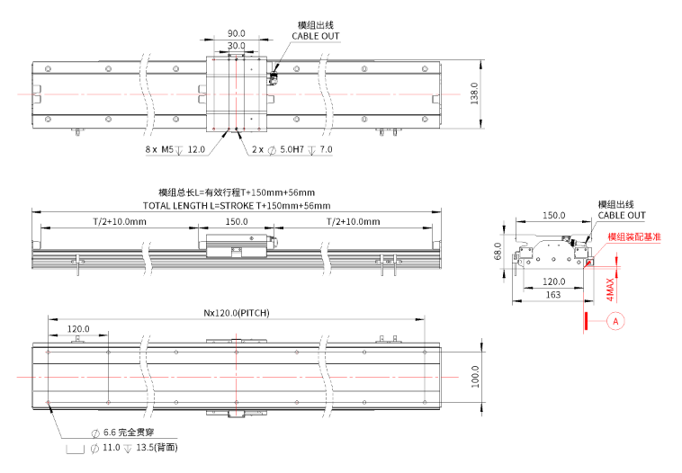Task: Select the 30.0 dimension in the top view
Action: pos(238,46)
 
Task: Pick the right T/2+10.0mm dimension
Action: pos(352,221)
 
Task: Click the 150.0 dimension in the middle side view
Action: pos(236,221)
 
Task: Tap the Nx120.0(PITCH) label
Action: pos(236,313)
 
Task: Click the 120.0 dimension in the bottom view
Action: pos(80,329)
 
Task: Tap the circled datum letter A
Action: pos(615,319)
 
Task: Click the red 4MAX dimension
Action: pos(610,289)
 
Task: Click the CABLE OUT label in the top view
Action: pos(316,36)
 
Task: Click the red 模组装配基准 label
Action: pos(634,236)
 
